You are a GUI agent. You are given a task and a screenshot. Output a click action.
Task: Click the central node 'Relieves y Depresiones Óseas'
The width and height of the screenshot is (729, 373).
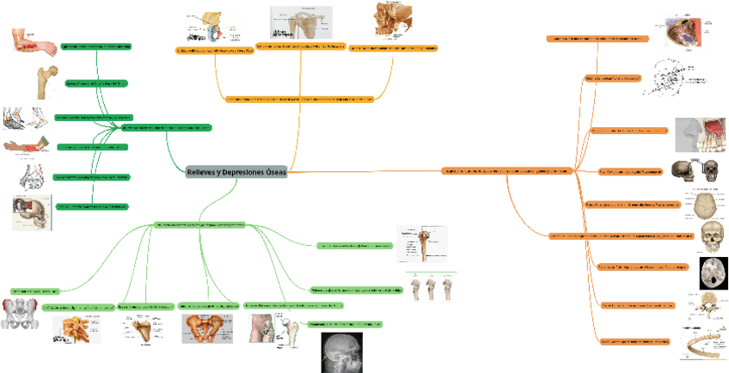[236, 173]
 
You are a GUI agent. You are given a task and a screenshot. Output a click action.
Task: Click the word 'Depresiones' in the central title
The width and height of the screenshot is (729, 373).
[243, 173]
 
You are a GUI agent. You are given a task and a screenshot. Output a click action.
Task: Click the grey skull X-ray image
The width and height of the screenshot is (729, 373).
[343, 352]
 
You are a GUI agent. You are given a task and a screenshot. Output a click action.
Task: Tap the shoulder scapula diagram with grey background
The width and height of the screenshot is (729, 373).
[302, 23]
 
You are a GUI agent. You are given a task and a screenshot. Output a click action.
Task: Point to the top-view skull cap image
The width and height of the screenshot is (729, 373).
[710, 205]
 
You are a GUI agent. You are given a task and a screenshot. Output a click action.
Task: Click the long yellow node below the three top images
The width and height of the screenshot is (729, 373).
[299, 99]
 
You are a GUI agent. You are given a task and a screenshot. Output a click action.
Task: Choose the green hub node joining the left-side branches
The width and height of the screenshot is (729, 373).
[165, 127]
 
